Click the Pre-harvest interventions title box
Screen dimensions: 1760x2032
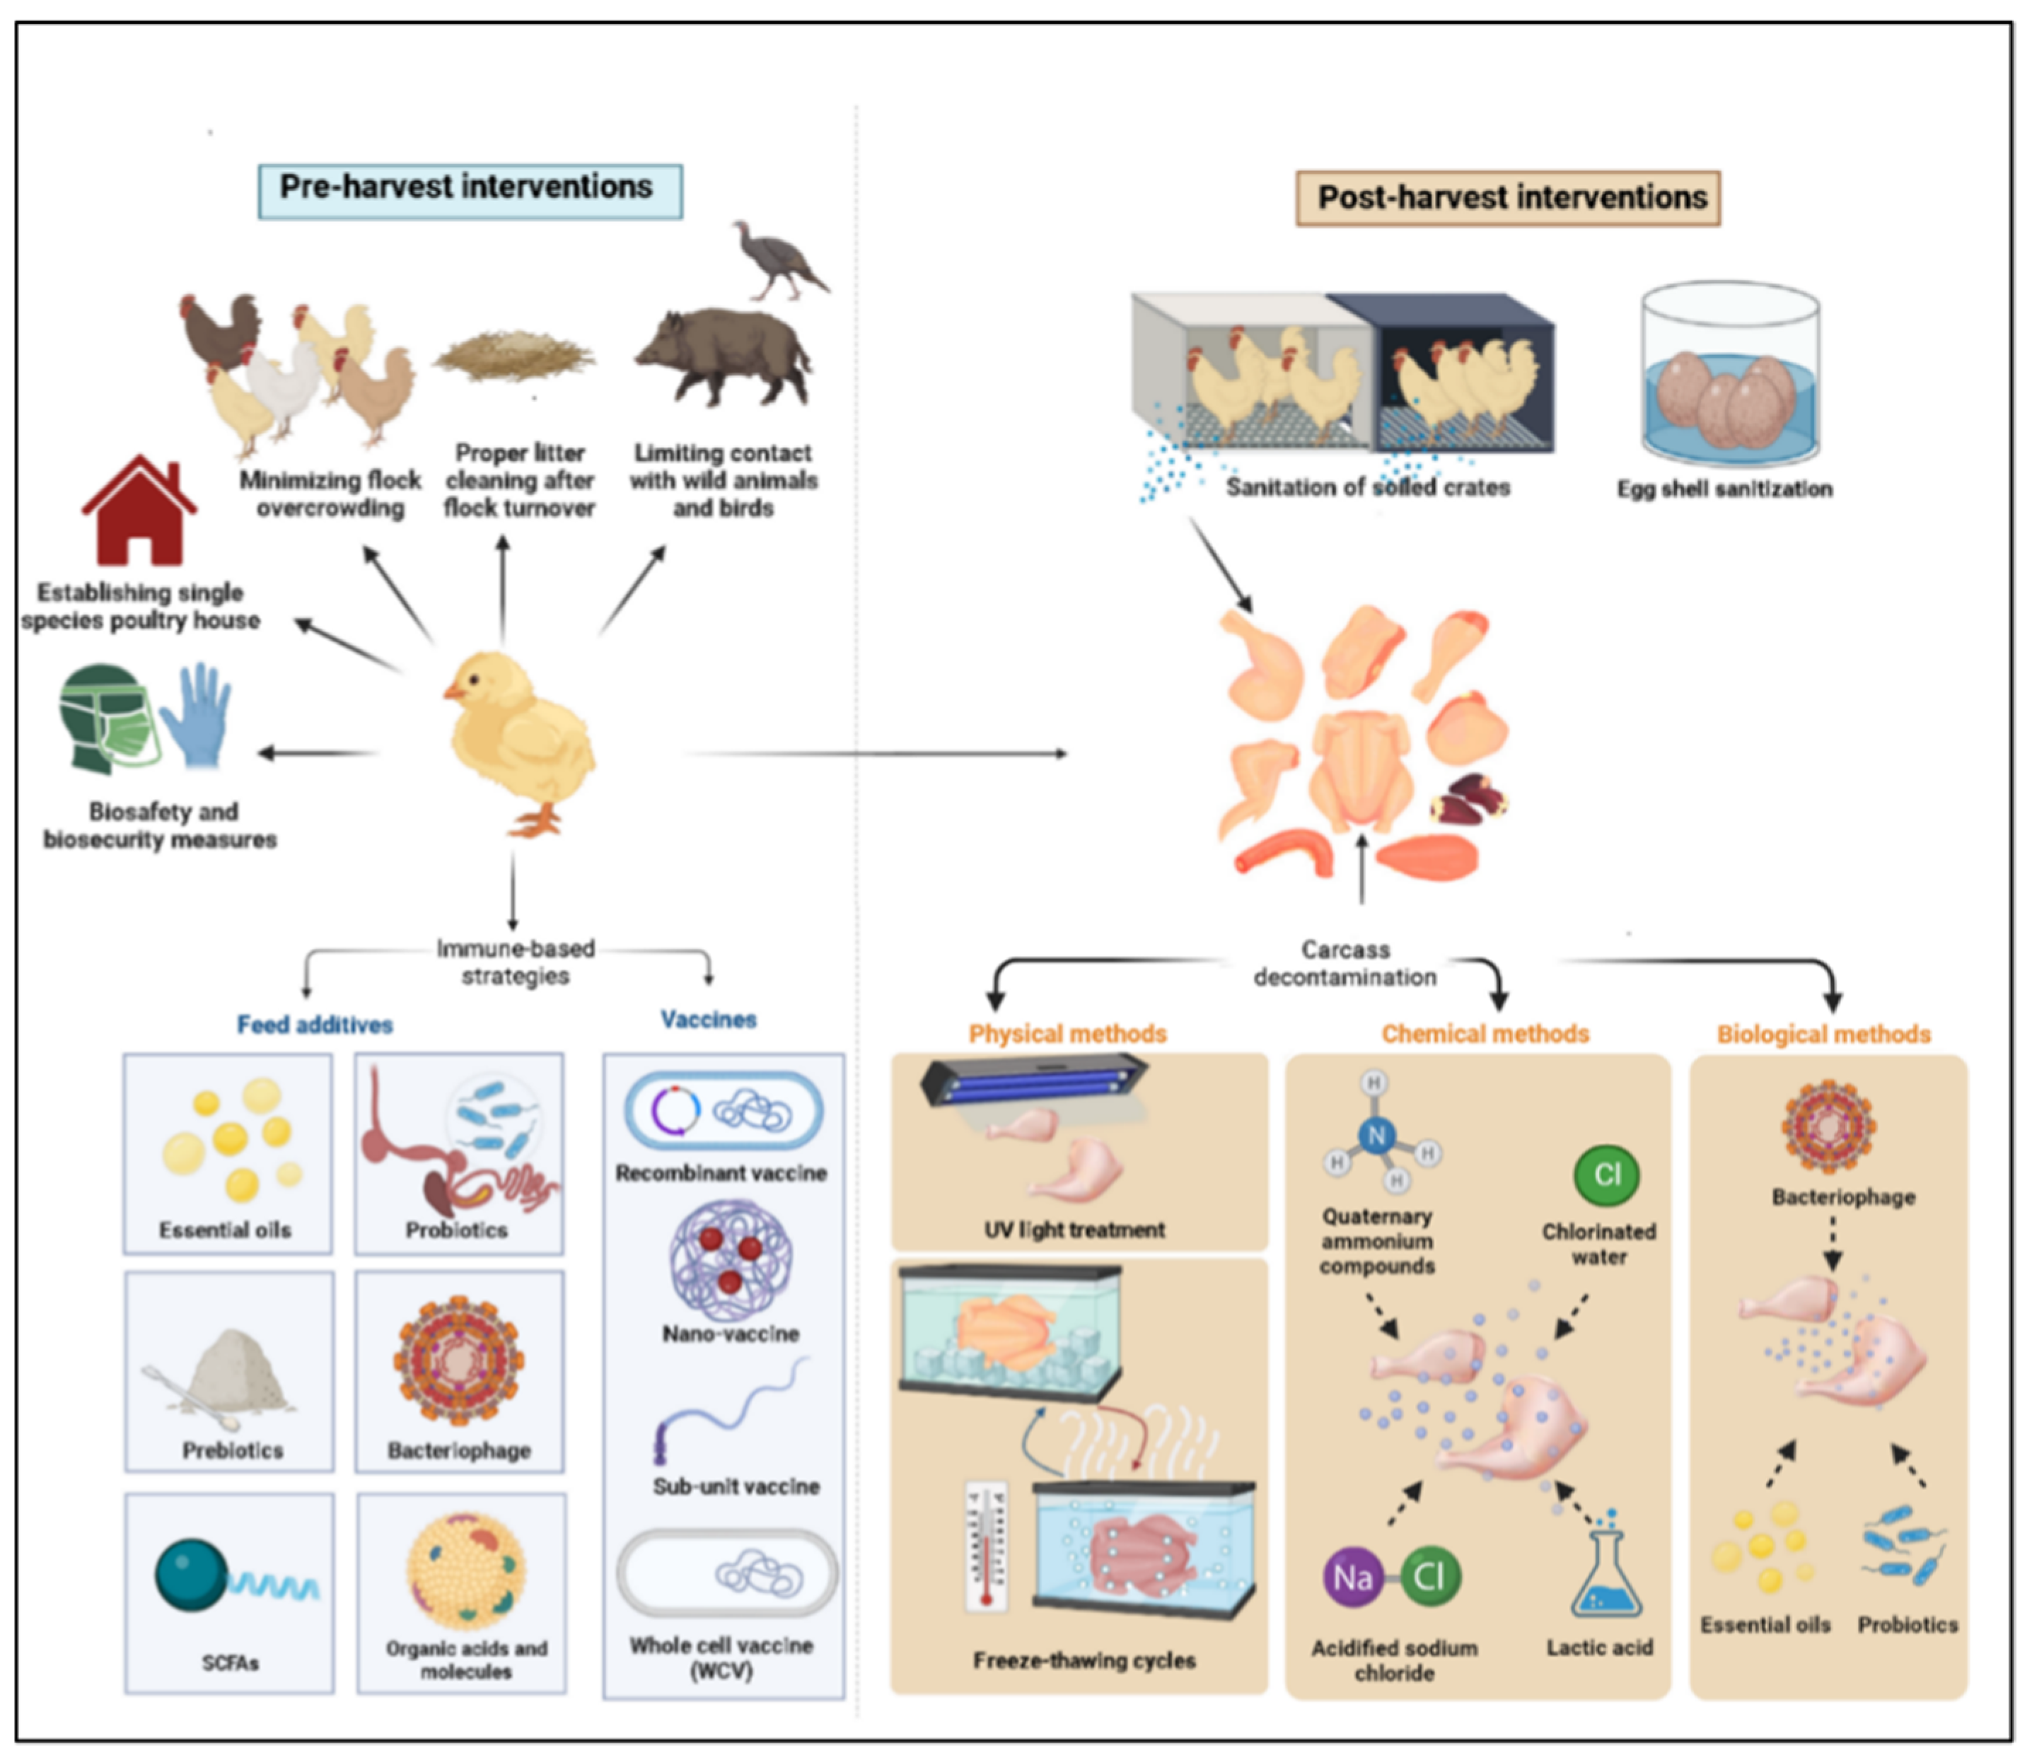(x=470, y=190)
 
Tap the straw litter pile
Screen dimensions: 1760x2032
(x=515, y=358)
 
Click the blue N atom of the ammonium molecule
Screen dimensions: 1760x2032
(x=1376, y=1136)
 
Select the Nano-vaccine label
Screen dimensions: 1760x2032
(x=730, y=1334)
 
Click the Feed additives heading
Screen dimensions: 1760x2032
(x=314, y=1025)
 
